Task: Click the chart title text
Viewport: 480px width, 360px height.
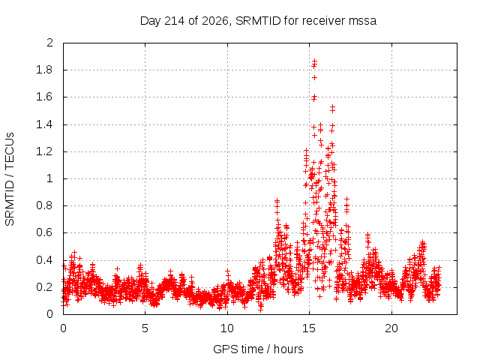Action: pos(258,21)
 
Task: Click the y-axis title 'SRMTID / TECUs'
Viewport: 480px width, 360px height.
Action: pos(10,179)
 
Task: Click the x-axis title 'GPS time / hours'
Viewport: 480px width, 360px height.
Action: pos(258,349)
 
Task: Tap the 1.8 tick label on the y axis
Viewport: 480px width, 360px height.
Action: pos(44,70)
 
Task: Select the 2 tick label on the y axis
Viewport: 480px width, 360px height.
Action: pos(50,43)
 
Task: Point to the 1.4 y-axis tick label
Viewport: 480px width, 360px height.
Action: pos(44,124)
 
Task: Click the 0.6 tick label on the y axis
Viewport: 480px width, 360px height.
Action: pos(44,232)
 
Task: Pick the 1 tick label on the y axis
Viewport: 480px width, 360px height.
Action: pos(50,178)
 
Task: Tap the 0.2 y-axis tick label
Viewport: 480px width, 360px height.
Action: pos(44,287)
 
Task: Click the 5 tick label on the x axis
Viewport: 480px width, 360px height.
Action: pos(145,328)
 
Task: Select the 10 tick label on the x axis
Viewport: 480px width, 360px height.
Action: pos(227,328)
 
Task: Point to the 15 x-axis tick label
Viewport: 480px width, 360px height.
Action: pos(309,328)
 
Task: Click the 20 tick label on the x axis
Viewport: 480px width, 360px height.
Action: pos(391,328)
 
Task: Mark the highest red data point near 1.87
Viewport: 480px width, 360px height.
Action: pos(314,61)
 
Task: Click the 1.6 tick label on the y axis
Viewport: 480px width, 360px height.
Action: pos(44,97)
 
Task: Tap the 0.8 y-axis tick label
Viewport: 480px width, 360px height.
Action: pos(44,205)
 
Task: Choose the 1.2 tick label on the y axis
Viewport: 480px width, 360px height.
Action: pos(44,151)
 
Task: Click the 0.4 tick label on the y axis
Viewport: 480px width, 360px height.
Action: pos(44,260)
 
